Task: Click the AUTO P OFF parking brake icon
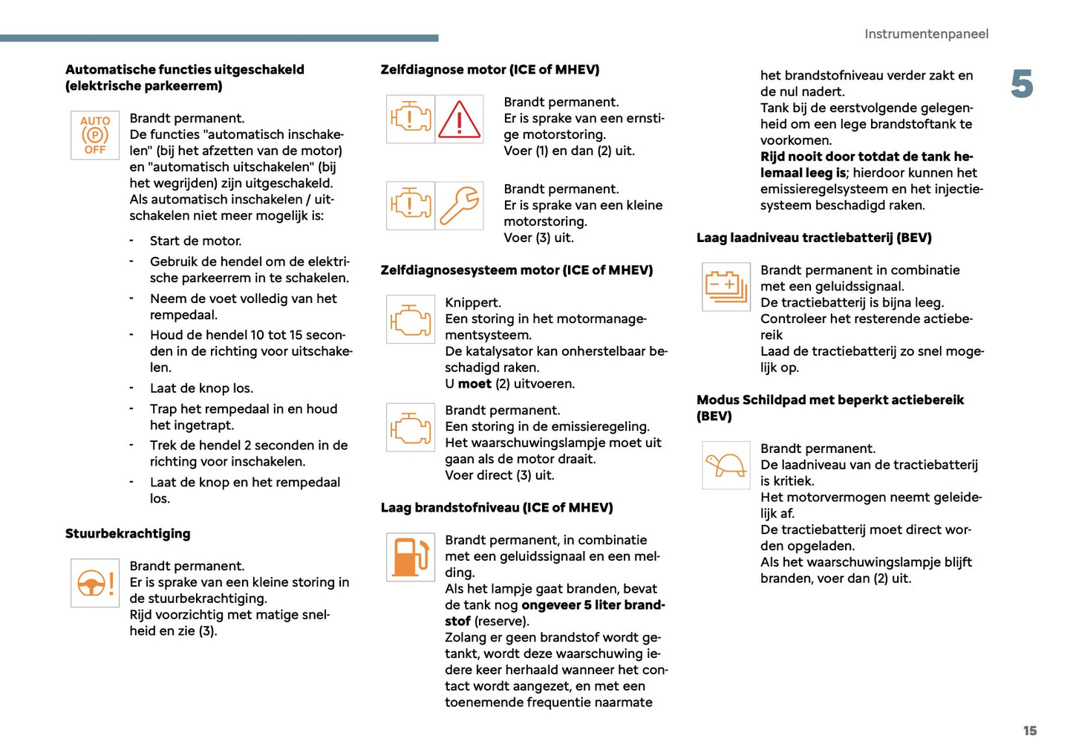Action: (95, 135)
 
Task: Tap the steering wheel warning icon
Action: (95, 583)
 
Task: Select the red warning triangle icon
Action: (459, 120)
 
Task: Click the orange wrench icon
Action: (459, 206)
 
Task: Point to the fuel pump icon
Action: (411, 557)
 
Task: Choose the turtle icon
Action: (725, 466)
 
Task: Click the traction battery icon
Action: (725, 287)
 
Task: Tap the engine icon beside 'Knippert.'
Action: (411, 319)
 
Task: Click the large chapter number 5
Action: (1022, 84)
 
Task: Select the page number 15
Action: (1029, 731)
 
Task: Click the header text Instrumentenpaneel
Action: (926, 34)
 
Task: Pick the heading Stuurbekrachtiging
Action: (128, 533)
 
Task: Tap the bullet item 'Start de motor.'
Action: (195, 241)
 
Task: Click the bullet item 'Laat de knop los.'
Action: (201, 388)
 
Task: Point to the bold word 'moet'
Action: (474, 384)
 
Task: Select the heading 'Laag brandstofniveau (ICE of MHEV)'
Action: (497, 508)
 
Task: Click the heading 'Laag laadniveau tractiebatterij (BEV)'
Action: (814, 238)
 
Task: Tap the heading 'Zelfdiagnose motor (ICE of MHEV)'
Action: (490, 70)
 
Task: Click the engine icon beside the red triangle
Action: (411, 120)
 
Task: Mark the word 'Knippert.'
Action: (473, 303)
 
